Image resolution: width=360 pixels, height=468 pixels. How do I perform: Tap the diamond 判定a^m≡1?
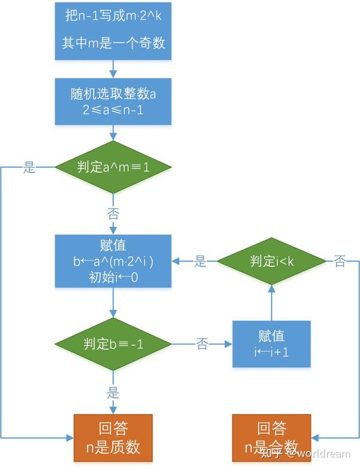[x=113, y=167]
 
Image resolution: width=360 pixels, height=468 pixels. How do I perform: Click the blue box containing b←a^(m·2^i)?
[x=113, y=262]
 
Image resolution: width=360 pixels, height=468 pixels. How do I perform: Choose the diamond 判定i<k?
[x=271, y=261]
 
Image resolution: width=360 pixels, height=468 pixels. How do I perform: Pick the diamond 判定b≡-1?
[x=113, y=344]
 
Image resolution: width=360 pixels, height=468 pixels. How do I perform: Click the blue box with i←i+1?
[x=271, y=344]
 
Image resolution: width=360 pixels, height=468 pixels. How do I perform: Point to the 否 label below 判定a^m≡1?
[x=113, y=213]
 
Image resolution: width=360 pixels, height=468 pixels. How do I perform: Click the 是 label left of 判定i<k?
[x=200, y=261]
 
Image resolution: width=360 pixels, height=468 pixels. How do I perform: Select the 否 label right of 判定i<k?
[x=340, y=261]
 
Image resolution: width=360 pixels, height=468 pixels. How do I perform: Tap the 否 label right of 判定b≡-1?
[x=202, y=344]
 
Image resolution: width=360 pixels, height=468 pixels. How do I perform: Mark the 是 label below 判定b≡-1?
[x=113, y=393]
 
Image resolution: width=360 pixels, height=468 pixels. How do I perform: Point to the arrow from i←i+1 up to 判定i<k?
[x=271, y=303]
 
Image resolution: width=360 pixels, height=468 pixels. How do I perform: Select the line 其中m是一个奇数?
[x=113, y=43]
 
